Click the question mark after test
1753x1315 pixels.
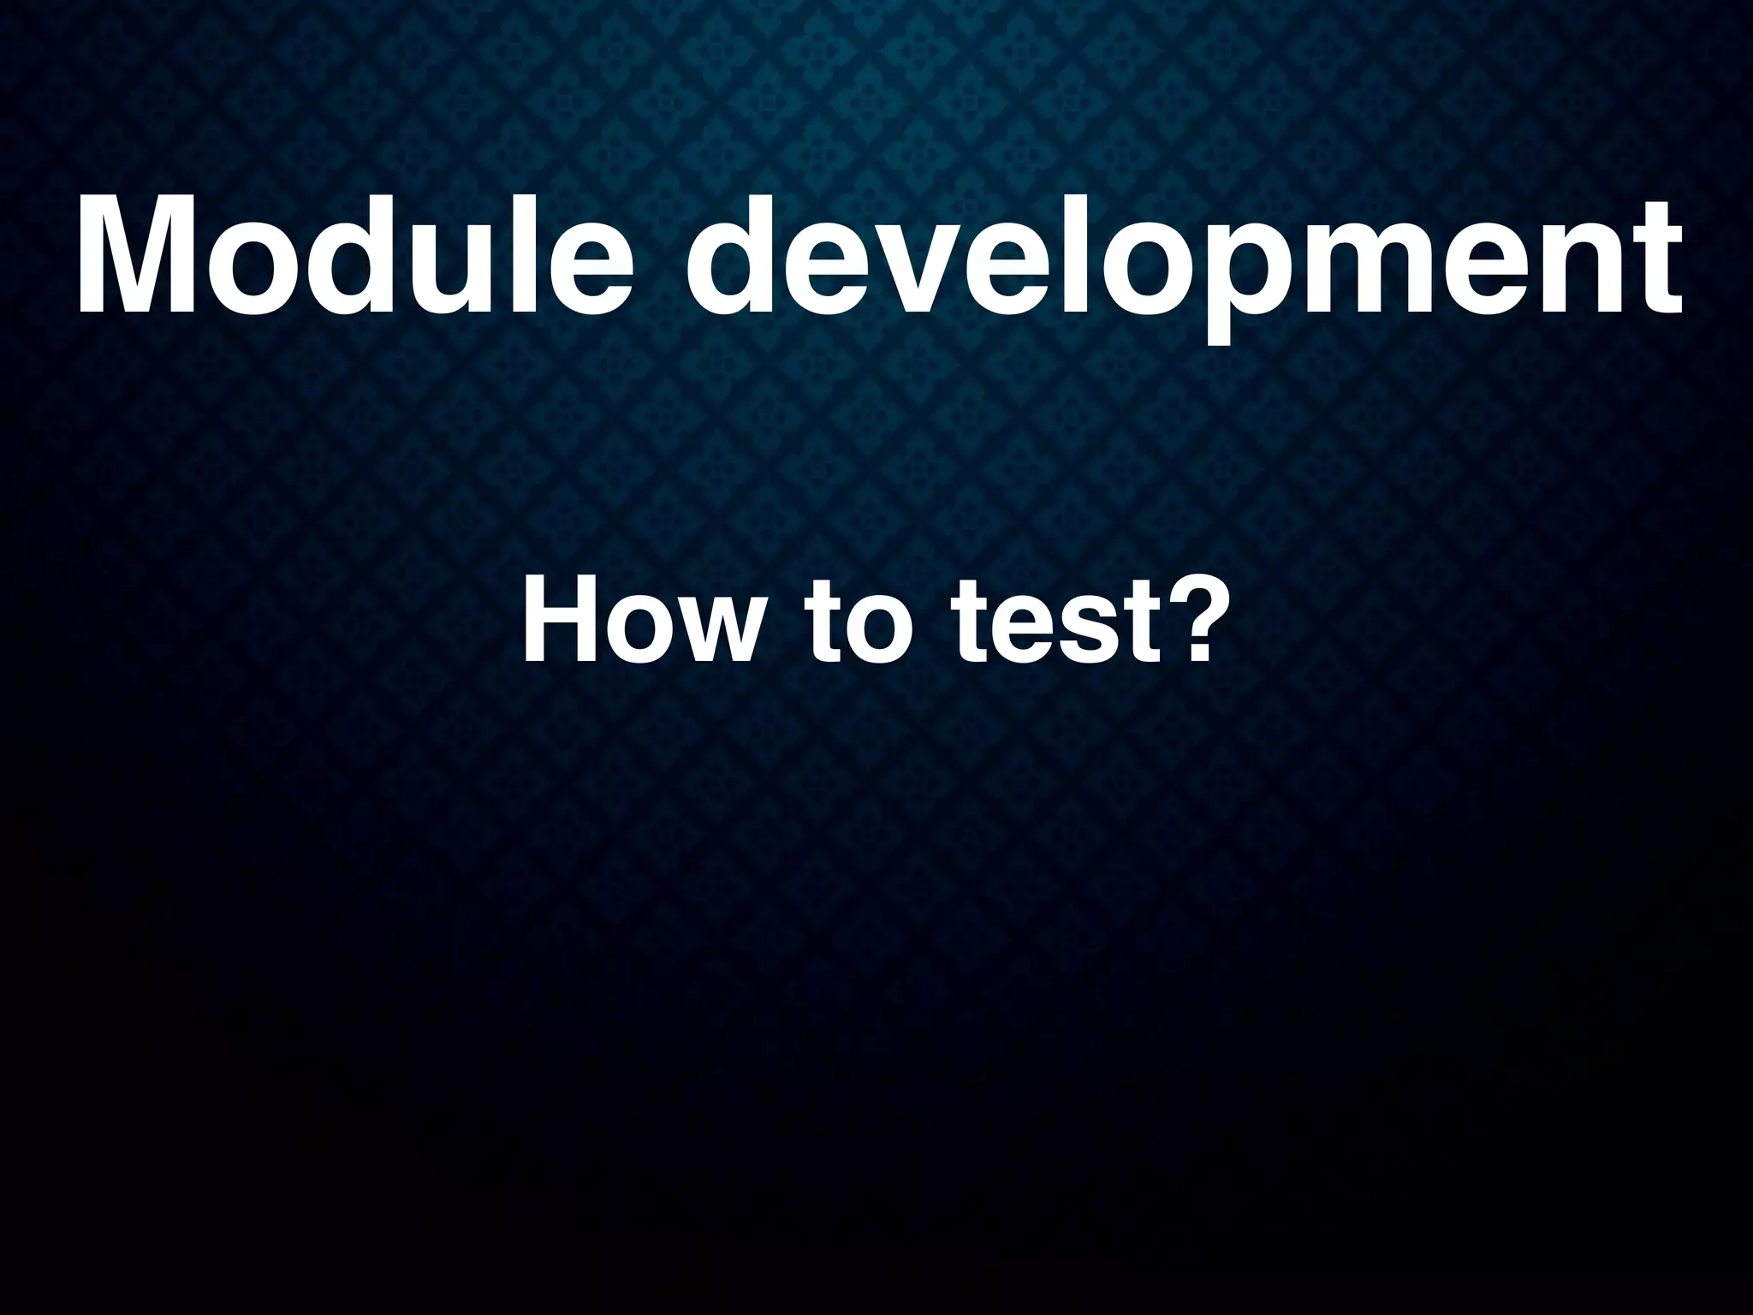[x=1180, y=613]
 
